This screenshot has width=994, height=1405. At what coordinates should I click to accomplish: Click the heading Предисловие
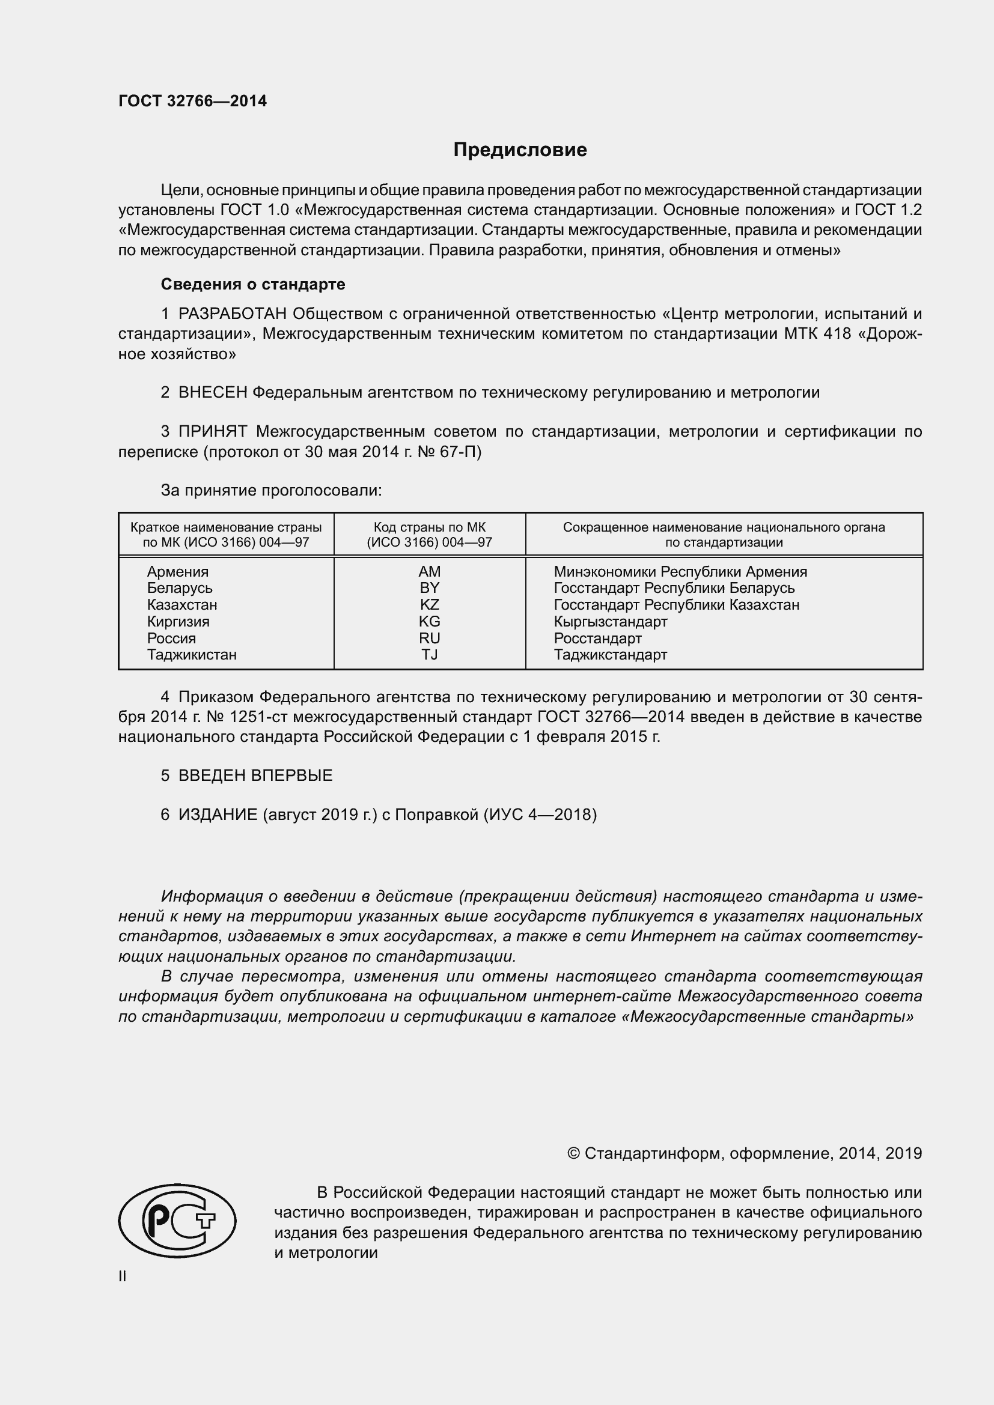coord(520,150)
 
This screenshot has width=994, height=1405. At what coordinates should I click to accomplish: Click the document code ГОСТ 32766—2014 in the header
coord(192,102)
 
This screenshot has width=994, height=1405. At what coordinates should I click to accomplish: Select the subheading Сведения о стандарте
coord(253,284)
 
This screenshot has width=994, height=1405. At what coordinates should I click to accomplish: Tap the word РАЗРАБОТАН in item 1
coord(233,314)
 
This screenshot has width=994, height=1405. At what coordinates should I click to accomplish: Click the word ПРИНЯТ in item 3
coord(212,431)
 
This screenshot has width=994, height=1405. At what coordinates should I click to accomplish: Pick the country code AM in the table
coord(429,571)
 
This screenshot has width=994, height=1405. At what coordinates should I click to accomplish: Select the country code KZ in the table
coord(429,605)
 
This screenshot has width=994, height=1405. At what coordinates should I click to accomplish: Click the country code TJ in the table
coord(429,655)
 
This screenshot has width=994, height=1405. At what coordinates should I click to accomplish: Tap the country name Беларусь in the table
coord(179,588)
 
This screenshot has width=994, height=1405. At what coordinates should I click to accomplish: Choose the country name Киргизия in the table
coord(177,622)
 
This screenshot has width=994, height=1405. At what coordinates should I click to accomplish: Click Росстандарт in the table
coord(597,639)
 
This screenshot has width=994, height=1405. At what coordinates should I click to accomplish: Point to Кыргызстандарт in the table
coord(610,622)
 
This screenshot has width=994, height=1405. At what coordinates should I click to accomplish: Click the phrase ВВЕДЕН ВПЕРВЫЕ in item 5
coord(255,775)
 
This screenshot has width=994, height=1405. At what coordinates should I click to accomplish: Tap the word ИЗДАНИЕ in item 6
coord(218,815)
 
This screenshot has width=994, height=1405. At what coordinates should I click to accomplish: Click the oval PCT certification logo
coord(177,1219)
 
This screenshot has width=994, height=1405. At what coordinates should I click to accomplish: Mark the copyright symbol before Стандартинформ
coord(573,1153)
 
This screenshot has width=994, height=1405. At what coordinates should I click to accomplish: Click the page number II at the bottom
coord(123,1276)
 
